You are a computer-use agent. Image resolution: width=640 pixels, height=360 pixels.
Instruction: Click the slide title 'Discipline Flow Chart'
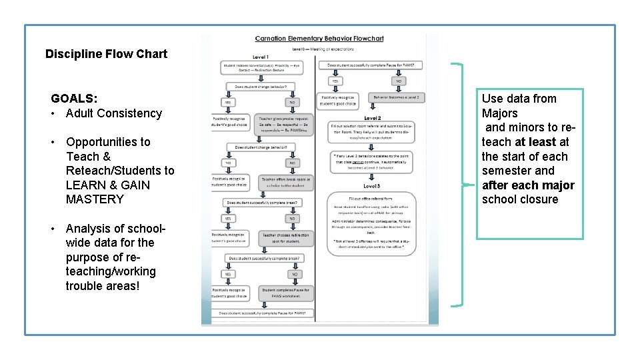pos(106,54)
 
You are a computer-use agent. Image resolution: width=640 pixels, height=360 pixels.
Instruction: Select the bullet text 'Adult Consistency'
pos(114,113)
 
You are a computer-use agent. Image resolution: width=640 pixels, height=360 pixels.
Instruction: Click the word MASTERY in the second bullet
pos(95,199)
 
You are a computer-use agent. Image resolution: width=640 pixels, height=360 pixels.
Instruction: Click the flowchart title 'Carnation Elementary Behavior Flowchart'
pos(319,39)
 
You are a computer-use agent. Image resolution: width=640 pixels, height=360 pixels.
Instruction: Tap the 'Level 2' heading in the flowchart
pos(372,118)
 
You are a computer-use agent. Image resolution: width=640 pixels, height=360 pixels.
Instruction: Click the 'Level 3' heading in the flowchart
pos(372,185)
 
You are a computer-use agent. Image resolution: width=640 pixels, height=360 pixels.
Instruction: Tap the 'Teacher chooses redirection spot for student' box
pos(286,238)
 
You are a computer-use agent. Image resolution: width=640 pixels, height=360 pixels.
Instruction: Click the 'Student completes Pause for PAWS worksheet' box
pos(286,293)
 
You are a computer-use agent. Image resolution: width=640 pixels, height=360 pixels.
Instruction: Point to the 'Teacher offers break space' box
pos(286,182)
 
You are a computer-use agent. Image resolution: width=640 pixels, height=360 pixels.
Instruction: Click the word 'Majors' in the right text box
pos(500,113)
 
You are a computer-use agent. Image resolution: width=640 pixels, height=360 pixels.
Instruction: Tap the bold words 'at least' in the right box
pos(536,142)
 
